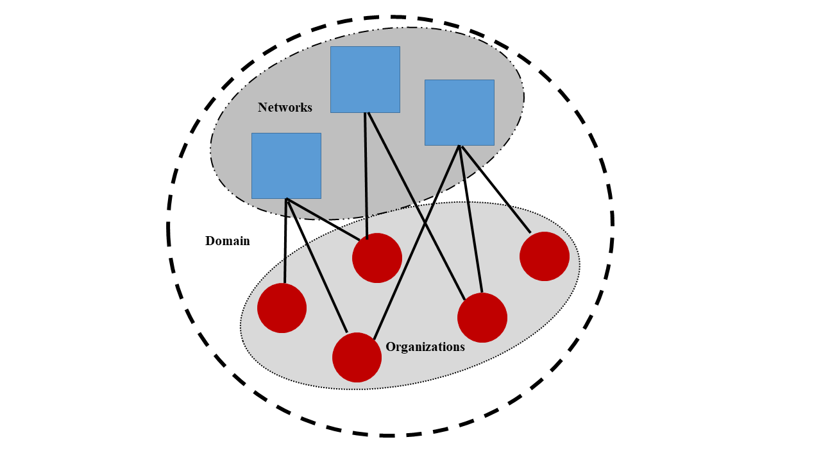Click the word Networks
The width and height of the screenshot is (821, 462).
point(285,107)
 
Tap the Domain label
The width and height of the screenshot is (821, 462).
point(227,241)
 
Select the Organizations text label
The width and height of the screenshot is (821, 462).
point(425,347)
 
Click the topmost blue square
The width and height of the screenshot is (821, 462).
point(365,79)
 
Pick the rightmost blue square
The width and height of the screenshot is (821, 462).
point(459,112)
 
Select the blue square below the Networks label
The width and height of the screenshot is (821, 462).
point(286,166)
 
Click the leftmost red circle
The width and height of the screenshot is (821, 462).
point(282,308)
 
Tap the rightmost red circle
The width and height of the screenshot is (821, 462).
point(545,256)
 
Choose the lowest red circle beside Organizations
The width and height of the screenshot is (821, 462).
point(357,357)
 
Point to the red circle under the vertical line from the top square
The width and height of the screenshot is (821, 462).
point(377,258)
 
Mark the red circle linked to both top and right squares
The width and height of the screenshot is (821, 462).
point(482,318)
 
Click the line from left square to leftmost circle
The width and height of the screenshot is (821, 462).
point(285,241)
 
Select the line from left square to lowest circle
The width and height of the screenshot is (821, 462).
point(317,266)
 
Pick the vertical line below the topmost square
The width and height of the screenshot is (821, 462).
point(366,173)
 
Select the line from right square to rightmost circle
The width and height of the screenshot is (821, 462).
point(496,189)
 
